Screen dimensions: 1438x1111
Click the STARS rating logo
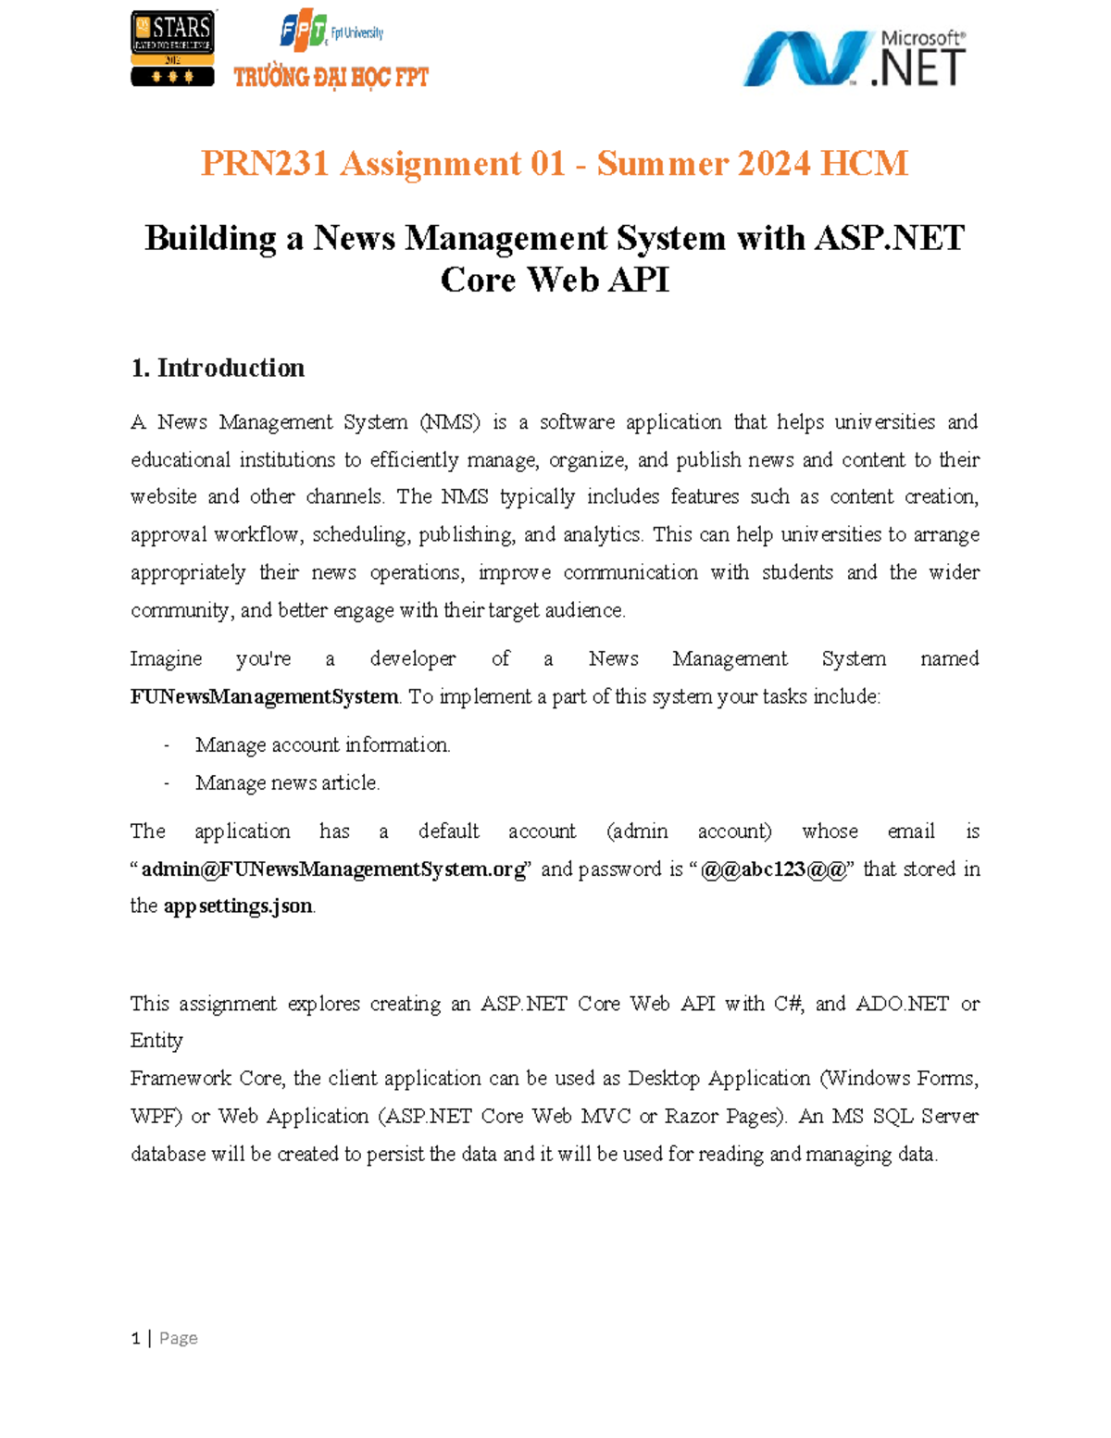(172, 48)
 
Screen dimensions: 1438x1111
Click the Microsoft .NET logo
(854, 57)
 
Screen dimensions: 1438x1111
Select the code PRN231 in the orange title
(265, 164)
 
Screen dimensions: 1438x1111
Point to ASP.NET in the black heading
(889, 238)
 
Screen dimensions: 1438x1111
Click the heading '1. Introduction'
(218, 368)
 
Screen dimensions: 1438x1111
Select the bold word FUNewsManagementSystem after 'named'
(264, 696)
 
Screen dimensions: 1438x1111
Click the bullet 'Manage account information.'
(322, 744)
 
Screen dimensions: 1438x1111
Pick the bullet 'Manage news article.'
(287, 782)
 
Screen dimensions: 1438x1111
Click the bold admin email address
(333, 869)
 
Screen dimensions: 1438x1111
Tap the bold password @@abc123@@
(773, 869)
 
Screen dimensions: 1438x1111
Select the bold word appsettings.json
(238, 906)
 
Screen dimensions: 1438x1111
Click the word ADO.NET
(902, 1004)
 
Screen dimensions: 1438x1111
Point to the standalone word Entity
(156, 1040)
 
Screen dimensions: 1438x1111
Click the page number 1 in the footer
(136, 1338)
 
